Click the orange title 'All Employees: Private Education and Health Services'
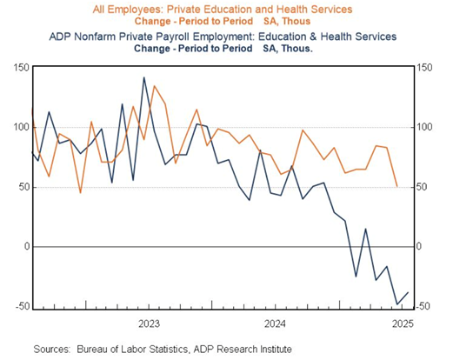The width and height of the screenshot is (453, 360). coord(223,10)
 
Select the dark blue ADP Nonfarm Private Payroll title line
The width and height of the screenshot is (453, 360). coord(223,37)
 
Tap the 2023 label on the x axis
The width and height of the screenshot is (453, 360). coord(149,323)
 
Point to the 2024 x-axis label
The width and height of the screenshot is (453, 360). coord(275,323)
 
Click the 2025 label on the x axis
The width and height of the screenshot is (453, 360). coord(403,323)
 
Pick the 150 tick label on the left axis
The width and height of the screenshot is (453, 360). coord(22,68)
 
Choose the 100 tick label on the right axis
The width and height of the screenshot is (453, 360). coord(424,127)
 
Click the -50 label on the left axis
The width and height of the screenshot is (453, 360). coord(23,306)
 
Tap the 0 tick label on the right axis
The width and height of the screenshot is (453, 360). coord(419,246)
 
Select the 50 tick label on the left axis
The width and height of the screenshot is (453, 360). coord(24,187)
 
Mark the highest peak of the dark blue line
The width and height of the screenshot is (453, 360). coord(143,77)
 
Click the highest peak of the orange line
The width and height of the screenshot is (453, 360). coord(154,86)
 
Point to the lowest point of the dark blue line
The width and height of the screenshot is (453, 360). coord(397,304)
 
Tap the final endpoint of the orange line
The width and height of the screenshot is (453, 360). coord(397,187)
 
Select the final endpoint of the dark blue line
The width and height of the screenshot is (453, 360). coord(408,292)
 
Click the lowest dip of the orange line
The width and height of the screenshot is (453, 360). coord(81,193)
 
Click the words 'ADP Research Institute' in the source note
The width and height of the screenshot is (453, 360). coord(243,349)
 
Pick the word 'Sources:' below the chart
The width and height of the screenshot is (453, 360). coord(52,349)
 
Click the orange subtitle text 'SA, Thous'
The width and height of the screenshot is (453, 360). coord(287,22)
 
